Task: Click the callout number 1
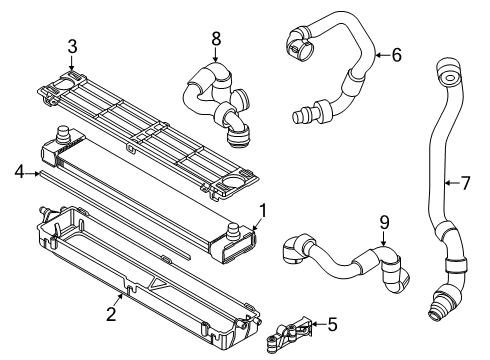[263, 211]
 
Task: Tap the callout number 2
[111, 314]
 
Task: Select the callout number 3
[72, 46]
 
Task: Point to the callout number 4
[20, 172]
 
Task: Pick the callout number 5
[332, 324]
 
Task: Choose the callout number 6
[396, 55]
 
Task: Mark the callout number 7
[465, 183]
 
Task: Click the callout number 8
[216, 38]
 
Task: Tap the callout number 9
[384, 222]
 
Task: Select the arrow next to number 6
[382, 55]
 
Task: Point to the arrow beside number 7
[452, 183]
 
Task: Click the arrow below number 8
[216, 54]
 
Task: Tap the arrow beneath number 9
[384, 239]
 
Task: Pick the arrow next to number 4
[33, 173]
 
